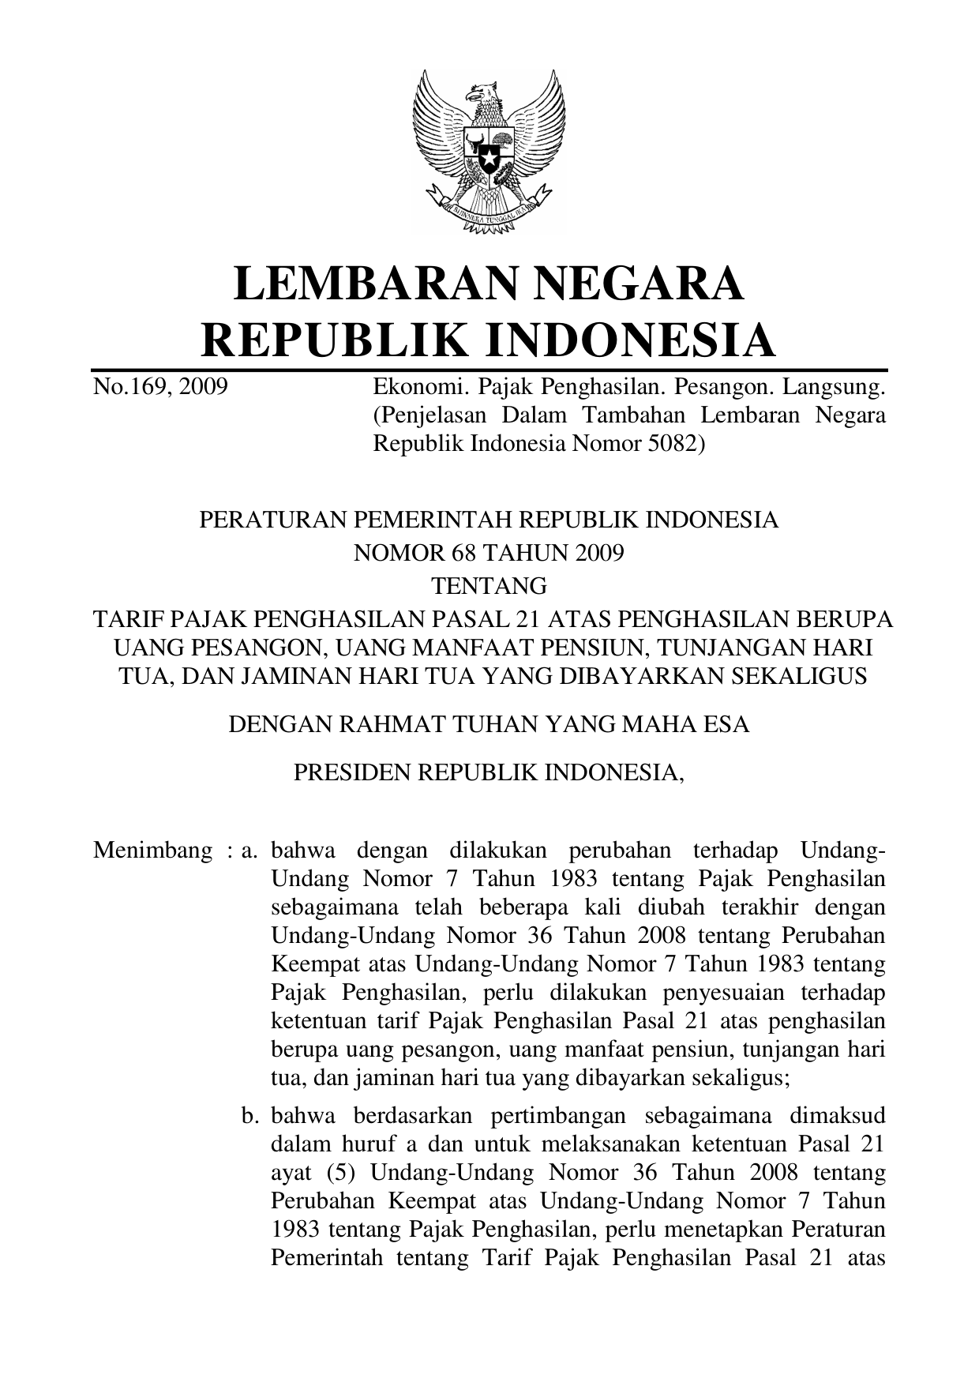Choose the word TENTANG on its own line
click(x=489, y=586)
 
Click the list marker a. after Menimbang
click(x=251, y=851)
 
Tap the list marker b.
click(x=251, y=1116)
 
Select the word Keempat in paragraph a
click(x=309, y=964)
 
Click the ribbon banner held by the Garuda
click(x=489, y=212)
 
